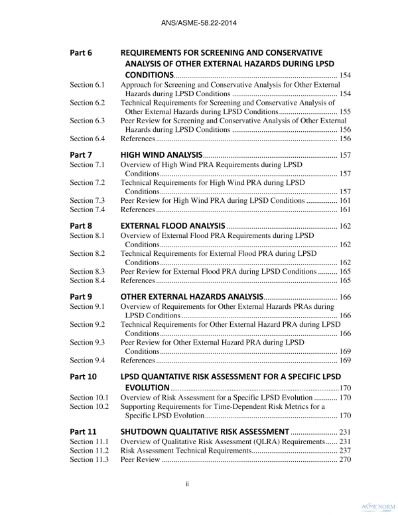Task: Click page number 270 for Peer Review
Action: (345, 461)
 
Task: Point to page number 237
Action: (345, 451)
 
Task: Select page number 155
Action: (345, 112)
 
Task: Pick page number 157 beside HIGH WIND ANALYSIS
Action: (345, 155)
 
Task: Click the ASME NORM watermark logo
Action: (377, 504)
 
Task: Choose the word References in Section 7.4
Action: (137, 210)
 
